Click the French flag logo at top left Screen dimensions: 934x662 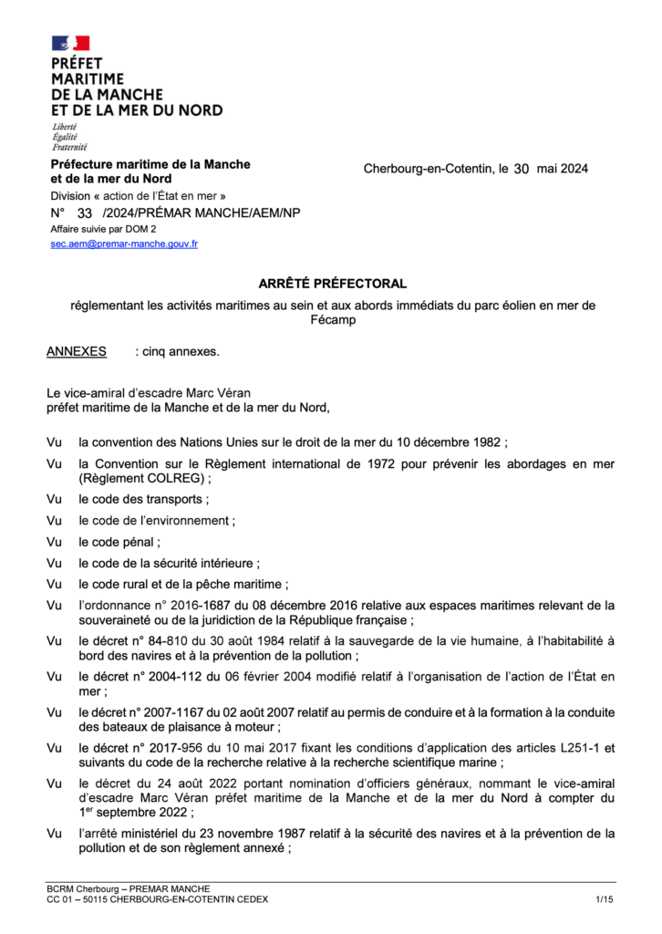pyautogui.click(x=70, y=43)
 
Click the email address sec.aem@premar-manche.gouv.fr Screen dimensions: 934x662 pyautogui.click(x=124, y=244)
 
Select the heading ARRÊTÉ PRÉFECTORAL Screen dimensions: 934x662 pyautogui.click(x=332, y=285)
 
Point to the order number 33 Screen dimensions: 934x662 pyautogui.click(x=86, y=213)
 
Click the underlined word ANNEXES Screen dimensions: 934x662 pyautogui.click(x=76, y=351)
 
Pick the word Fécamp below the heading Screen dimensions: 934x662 pyautogui.click(x=332, y=320)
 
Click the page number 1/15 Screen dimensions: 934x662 pyautogui.click(x=605, y=900)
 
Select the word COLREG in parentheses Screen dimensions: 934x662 pyautogui.click(x=170, y=478)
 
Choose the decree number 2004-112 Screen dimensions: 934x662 pyautogui.click(x=174, y=676)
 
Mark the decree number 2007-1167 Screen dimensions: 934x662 pyautogui.click(x=177, y=711)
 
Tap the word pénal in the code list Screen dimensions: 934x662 pyautogui.click(x=137, y=542)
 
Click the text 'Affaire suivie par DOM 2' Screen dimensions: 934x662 pyautogui.click(x=103, y=229)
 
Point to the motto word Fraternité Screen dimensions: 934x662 pyautogui.click(x=69, y=147)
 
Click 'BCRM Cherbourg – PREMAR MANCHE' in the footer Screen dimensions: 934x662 pyautogui.click(x=129, y=888)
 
